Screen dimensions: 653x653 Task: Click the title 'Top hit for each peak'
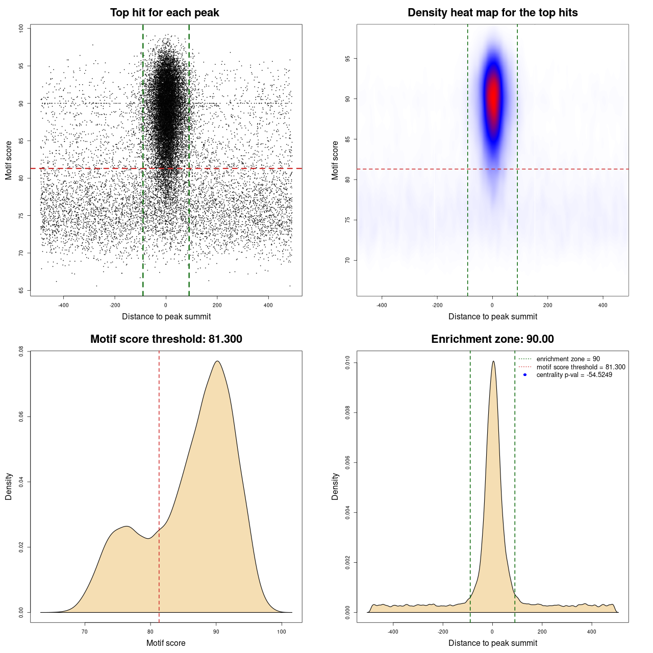tap(164, 13)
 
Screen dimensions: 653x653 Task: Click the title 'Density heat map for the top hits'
tap(492, 13)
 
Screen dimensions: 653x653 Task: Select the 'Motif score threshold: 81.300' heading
tap(166, 339)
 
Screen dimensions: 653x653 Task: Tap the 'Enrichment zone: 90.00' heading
tap(492, 339)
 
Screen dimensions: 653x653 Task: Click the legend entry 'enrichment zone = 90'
tap(568, 359)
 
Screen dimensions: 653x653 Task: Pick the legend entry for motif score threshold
tap(581, 367)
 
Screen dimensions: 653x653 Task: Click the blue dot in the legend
tap(525, 375)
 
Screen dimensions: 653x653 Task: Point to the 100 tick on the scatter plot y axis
tap(21, 29)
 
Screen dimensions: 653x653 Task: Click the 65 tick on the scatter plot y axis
tap(21, 290)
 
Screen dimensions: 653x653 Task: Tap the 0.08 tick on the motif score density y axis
tap(21, 351)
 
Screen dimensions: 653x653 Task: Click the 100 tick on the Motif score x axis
tap(282, 632)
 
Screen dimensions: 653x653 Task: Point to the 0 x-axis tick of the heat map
tap(492, 305)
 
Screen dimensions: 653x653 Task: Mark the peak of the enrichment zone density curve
tap(493, 362)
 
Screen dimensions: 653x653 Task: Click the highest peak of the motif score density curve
tap(217, 361)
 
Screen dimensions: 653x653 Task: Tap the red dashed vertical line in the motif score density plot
tap(159, 459)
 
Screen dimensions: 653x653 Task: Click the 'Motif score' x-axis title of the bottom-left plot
tap(166, 643)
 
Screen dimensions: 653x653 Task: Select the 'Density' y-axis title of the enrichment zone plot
tap(335, 486)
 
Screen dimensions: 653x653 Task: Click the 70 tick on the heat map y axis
tap(348, 260)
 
